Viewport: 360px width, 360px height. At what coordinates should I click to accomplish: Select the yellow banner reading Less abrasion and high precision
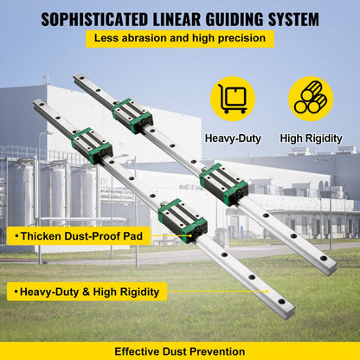[179, 39]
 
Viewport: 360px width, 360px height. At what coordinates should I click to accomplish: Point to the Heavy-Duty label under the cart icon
[232, 138]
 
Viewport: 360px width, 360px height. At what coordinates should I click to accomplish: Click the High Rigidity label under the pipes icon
[311, 138]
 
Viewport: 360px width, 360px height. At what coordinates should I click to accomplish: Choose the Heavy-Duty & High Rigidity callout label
[87, 292]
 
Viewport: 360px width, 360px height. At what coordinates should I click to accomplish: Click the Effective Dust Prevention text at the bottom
[180, 351]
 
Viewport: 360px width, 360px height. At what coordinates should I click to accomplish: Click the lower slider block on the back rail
[224, 184]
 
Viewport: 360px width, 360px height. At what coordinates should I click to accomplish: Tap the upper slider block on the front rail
[91, 144]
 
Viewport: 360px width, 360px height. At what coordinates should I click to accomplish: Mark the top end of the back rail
[79, 79]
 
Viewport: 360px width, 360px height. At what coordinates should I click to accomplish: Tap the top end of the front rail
[39, 106]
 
